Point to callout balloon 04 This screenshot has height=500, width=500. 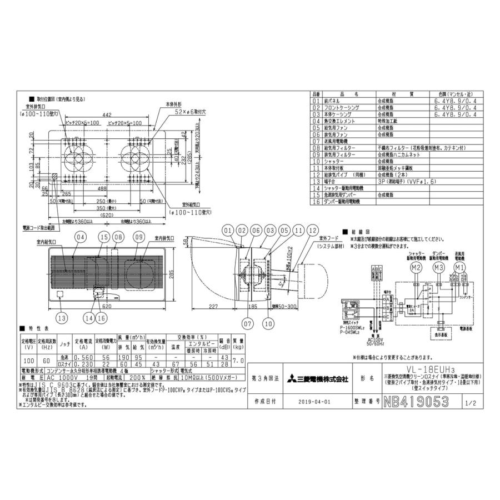(x=81, y=237)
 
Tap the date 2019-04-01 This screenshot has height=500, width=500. (x=313, y=400)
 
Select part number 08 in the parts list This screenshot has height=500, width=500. (x=317, y=148)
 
